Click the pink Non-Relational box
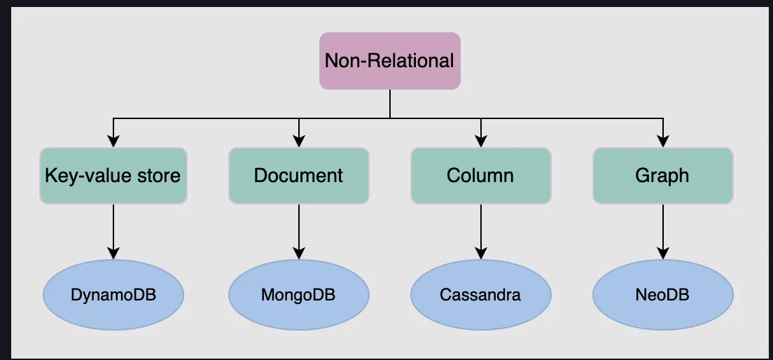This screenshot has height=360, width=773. click(x=390, y=60)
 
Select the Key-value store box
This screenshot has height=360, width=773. click(x=113, y=175)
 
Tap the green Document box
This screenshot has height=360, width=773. click(x=299, y=175)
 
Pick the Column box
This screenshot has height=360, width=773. click(x=480, y=175)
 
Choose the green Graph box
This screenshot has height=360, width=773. click(x=662, y=175)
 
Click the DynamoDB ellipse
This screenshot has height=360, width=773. click(x=113, y=295)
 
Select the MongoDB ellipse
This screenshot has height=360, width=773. click(x=299, y=295)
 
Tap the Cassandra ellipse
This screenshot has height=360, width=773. click(x=480, y=295)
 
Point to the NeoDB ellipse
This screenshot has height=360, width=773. click(x=662, y=295)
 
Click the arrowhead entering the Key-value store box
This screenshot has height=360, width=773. click(x=113, y=141)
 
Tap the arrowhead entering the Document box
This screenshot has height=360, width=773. click(x=299, y=141)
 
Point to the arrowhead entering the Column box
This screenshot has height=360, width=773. click(x=480, y=141)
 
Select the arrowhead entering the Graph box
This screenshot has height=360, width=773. click(x=662, y=141)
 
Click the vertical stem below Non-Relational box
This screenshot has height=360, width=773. click(x=390, y=104)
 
